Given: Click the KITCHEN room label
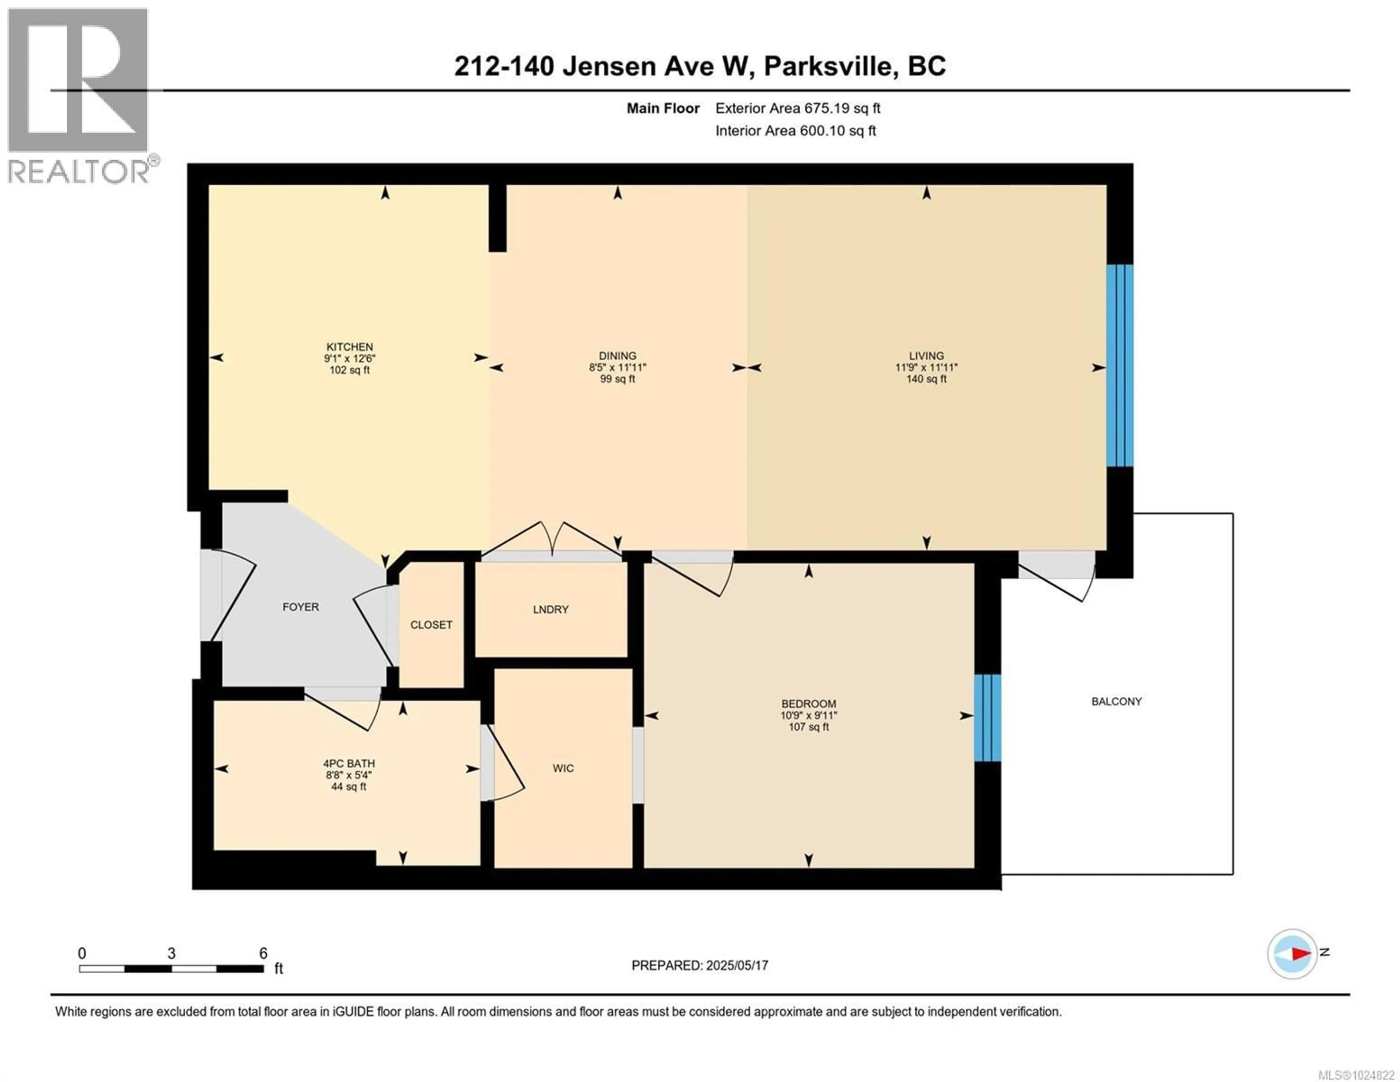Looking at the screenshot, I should tap(349, 347).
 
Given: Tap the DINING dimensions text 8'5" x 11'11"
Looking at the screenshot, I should tap(617, 368).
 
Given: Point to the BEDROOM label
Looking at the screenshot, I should tap(808, 703).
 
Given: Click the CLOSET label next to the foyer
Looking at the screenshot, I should tap(431, 625).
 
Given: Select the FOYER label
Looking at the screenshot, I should tap(301, 607).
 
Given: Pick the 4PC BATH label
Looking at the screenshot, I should tap(349, 763).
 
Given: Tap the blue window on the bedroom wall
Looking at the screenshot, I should tap(987, 717).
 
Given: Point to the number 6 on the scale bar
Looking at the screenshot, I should tap(263, 953).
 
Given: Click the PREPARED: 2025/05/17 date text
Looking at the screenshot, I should tap(699, 965).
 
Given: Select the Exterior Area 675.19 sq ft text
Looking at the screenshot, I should tap(797, 108).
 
